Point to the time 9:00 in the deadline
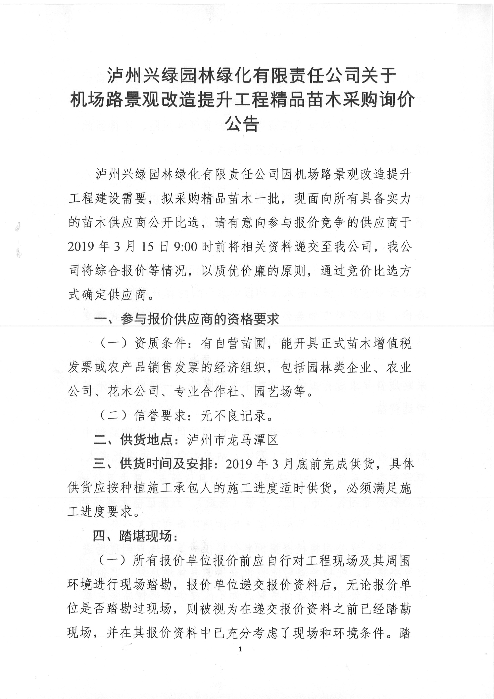(x=186, y=247)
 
